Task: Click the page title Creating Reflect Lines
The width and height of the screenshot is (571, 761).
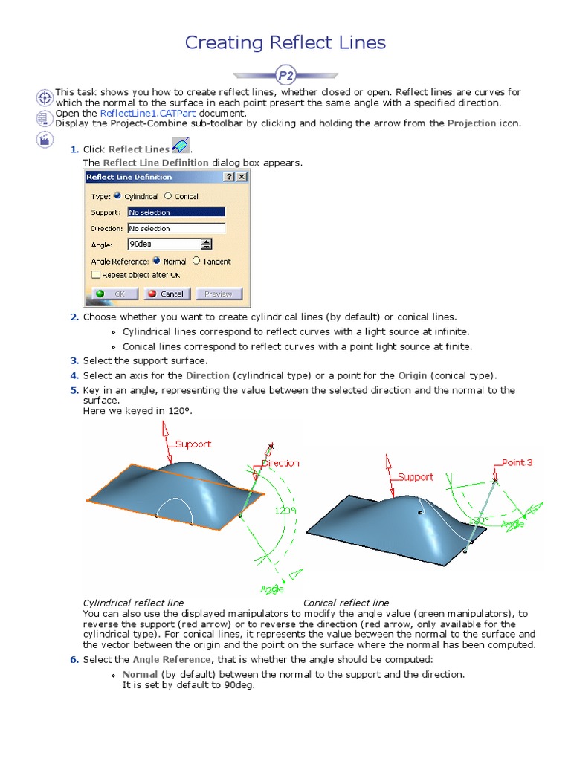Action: point(285,42)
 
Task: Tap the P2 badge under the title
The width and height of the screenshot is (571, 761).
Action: point(285,75)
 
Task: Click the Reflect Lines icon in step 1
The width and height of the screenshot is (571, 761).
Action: point(180,146)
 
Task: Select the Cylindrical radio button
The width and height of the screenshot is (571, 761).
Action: point(119,196)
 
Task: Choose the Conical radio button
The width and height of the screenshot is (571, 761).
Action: point(168,196)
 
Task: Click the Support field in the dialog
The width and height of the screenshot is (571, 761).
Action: point(175,213)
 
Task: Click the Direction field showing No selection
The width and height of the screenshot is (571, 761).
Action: point(175,228)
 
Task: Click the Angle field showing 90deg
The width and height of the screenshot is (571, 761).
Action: point(164,244)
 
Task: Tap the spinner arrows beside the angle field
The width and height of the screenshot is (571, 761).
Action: point(206,244)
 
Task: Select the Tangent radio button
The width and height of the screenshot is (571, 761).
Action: point(196,261)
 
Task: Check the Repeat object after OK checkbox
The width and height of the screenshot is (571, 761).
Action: point(96,274)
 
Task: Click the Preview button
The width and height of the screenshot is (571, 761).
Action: point(219,294)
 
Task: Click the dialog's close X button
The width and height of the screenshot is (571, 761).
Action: point(241,177)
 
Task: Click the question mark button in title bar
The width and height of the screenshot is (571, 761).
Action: point(229,177)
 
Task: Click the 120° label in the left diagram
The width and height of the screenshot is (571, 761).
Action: point(283,511)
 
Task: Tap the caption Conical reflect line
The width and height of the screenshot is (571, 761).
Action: point(346,603)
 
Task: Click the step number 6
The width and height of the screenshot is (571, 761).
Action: point(74,659)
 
